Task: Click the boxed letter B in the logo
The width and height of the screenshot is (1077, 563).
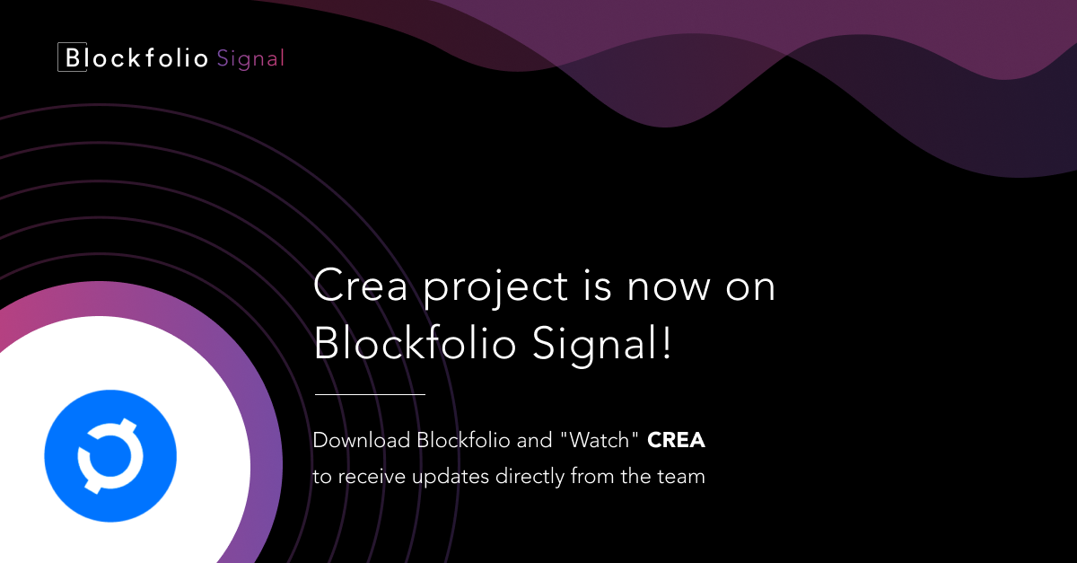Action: pos(72,57)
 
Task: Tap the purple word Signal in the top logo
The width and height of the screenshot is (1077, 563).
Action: pos(250,59)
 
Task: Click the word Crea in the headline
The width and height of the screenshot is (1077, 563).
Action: pos(360,286)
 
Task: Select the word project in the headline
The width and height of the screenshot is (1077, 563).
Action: pos(495,289)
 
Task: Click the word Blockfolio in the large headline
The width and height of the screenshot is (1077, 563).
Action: pos(415,343)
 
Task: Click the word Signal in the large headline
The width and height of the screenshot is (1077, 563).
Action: pos(595,344)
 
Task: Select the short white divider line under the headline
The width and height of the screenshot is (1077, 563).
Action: pos(370,394)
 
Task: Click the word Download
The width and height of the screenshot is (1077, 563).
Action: pos(362,440)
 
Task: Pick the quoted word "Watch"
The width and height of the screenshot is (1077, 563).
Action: pos(600,440)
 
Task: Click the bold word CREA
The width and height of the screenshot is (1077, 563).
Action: pos(676,440)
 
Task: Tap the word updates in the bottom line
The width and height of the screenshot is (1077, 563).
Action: pos(451,478)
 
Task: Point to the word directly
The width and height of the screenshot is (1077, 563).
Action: pos(530,478)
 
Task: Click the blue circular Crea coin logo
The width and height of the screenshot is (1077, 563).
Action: pos(110,455)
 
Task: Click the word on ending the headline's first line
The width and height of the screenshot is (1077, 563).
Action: pos(750,289)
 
